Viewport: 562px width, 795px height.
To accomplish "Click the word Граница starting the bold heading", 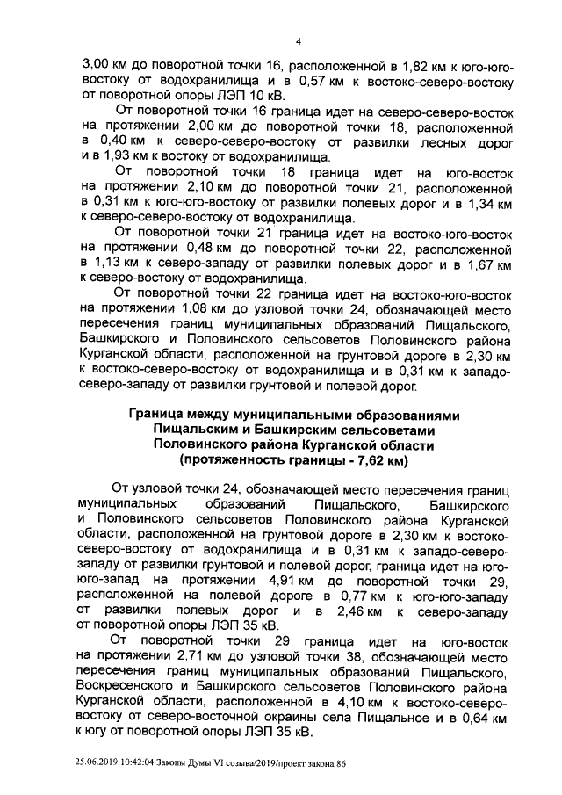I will click(161, 414).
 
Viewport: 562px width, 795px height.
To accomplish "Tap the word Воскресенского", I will click(136, 686).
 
